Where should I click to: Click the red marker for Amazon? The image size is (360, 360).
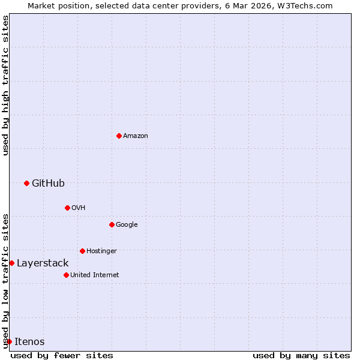(119, 136)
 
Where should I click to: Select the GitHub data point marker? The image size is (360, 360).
(26, 183)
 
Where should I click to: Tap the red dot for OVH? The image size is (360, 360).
(67, 208)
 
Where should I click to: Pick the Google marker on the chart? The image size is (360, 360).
(112, 224)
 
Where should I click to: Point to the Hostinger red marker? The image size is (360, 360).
(82, 251)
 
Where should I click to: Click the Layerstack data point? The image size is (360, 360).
(11, 263)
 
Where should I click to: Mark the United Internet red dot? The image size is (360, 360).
(66, 275)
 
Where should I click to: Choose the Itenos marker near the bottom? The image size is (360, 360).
(9, 341)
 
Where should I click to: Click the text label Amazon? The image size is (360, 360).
(136, 136)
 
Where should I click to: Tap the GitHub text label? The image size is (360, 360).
(48, 184)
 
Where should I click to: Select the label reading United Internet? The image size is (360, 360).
(94, 275)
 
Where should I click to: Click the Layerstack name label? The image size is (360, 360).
(43, 263)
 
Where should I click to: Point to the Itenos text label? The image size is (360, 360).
(29, 342)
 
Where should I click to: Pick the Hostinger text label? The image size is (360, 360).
(101, 251)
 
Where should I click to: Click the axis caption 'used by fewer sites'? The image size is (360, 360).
(62, 355)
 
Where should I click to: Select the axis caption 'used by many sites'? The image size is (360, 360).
(301, 355)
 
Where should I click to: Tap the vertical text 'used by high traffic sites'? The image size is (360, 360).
(5, 85)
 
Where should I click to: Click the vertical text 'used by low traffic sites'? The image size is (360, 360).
(5, 280)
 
